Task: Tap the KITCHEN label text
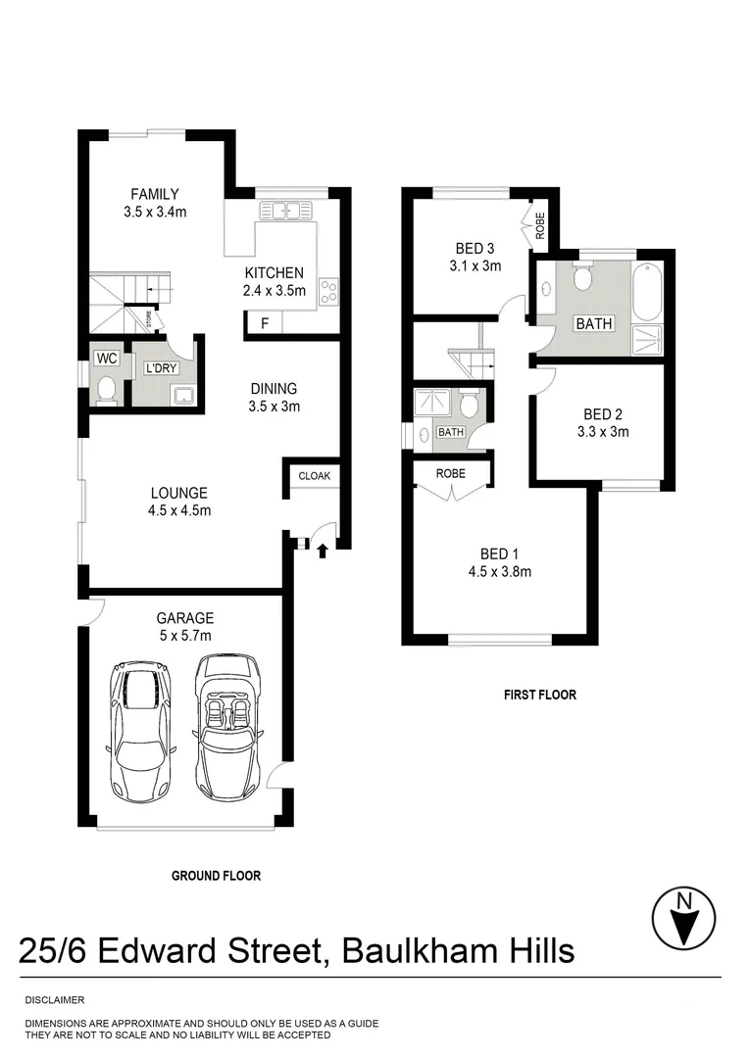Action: coord(274,273)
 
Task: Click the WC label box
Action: coord(103,360)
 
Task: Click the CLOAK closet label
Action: coord(315,476)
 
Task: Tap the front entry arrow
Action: coord(323,552)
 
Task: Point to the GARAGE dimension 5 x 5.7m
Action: coord(185,635)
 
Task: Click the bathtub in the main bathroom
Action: coord(648,291)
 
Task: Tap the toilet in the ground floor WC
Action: coord(106,391)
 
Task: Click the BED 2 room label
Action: coord(602,414)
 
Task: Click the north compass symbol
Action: coord(686,917)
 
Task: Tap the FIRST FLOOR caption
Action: coord(540,695)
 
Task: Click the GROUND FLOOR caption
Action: coord(216,876)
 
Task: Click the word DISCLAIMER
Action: coord(55,1000)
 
